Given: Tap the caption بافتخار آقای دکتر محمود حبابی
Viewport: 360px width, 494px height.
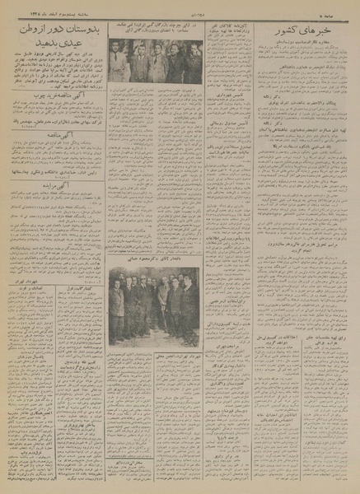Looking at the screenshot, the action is [155, 271].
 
